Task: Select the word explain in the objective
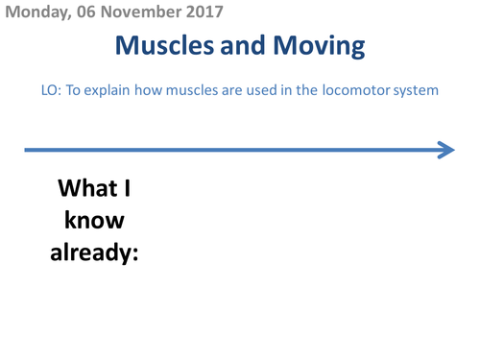click(x=106, y=90)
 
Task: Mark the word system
click(x=418, y=90)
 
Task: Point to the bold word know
click(x=94, y=221)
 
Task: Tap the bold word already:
click(x=94, y=254)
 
